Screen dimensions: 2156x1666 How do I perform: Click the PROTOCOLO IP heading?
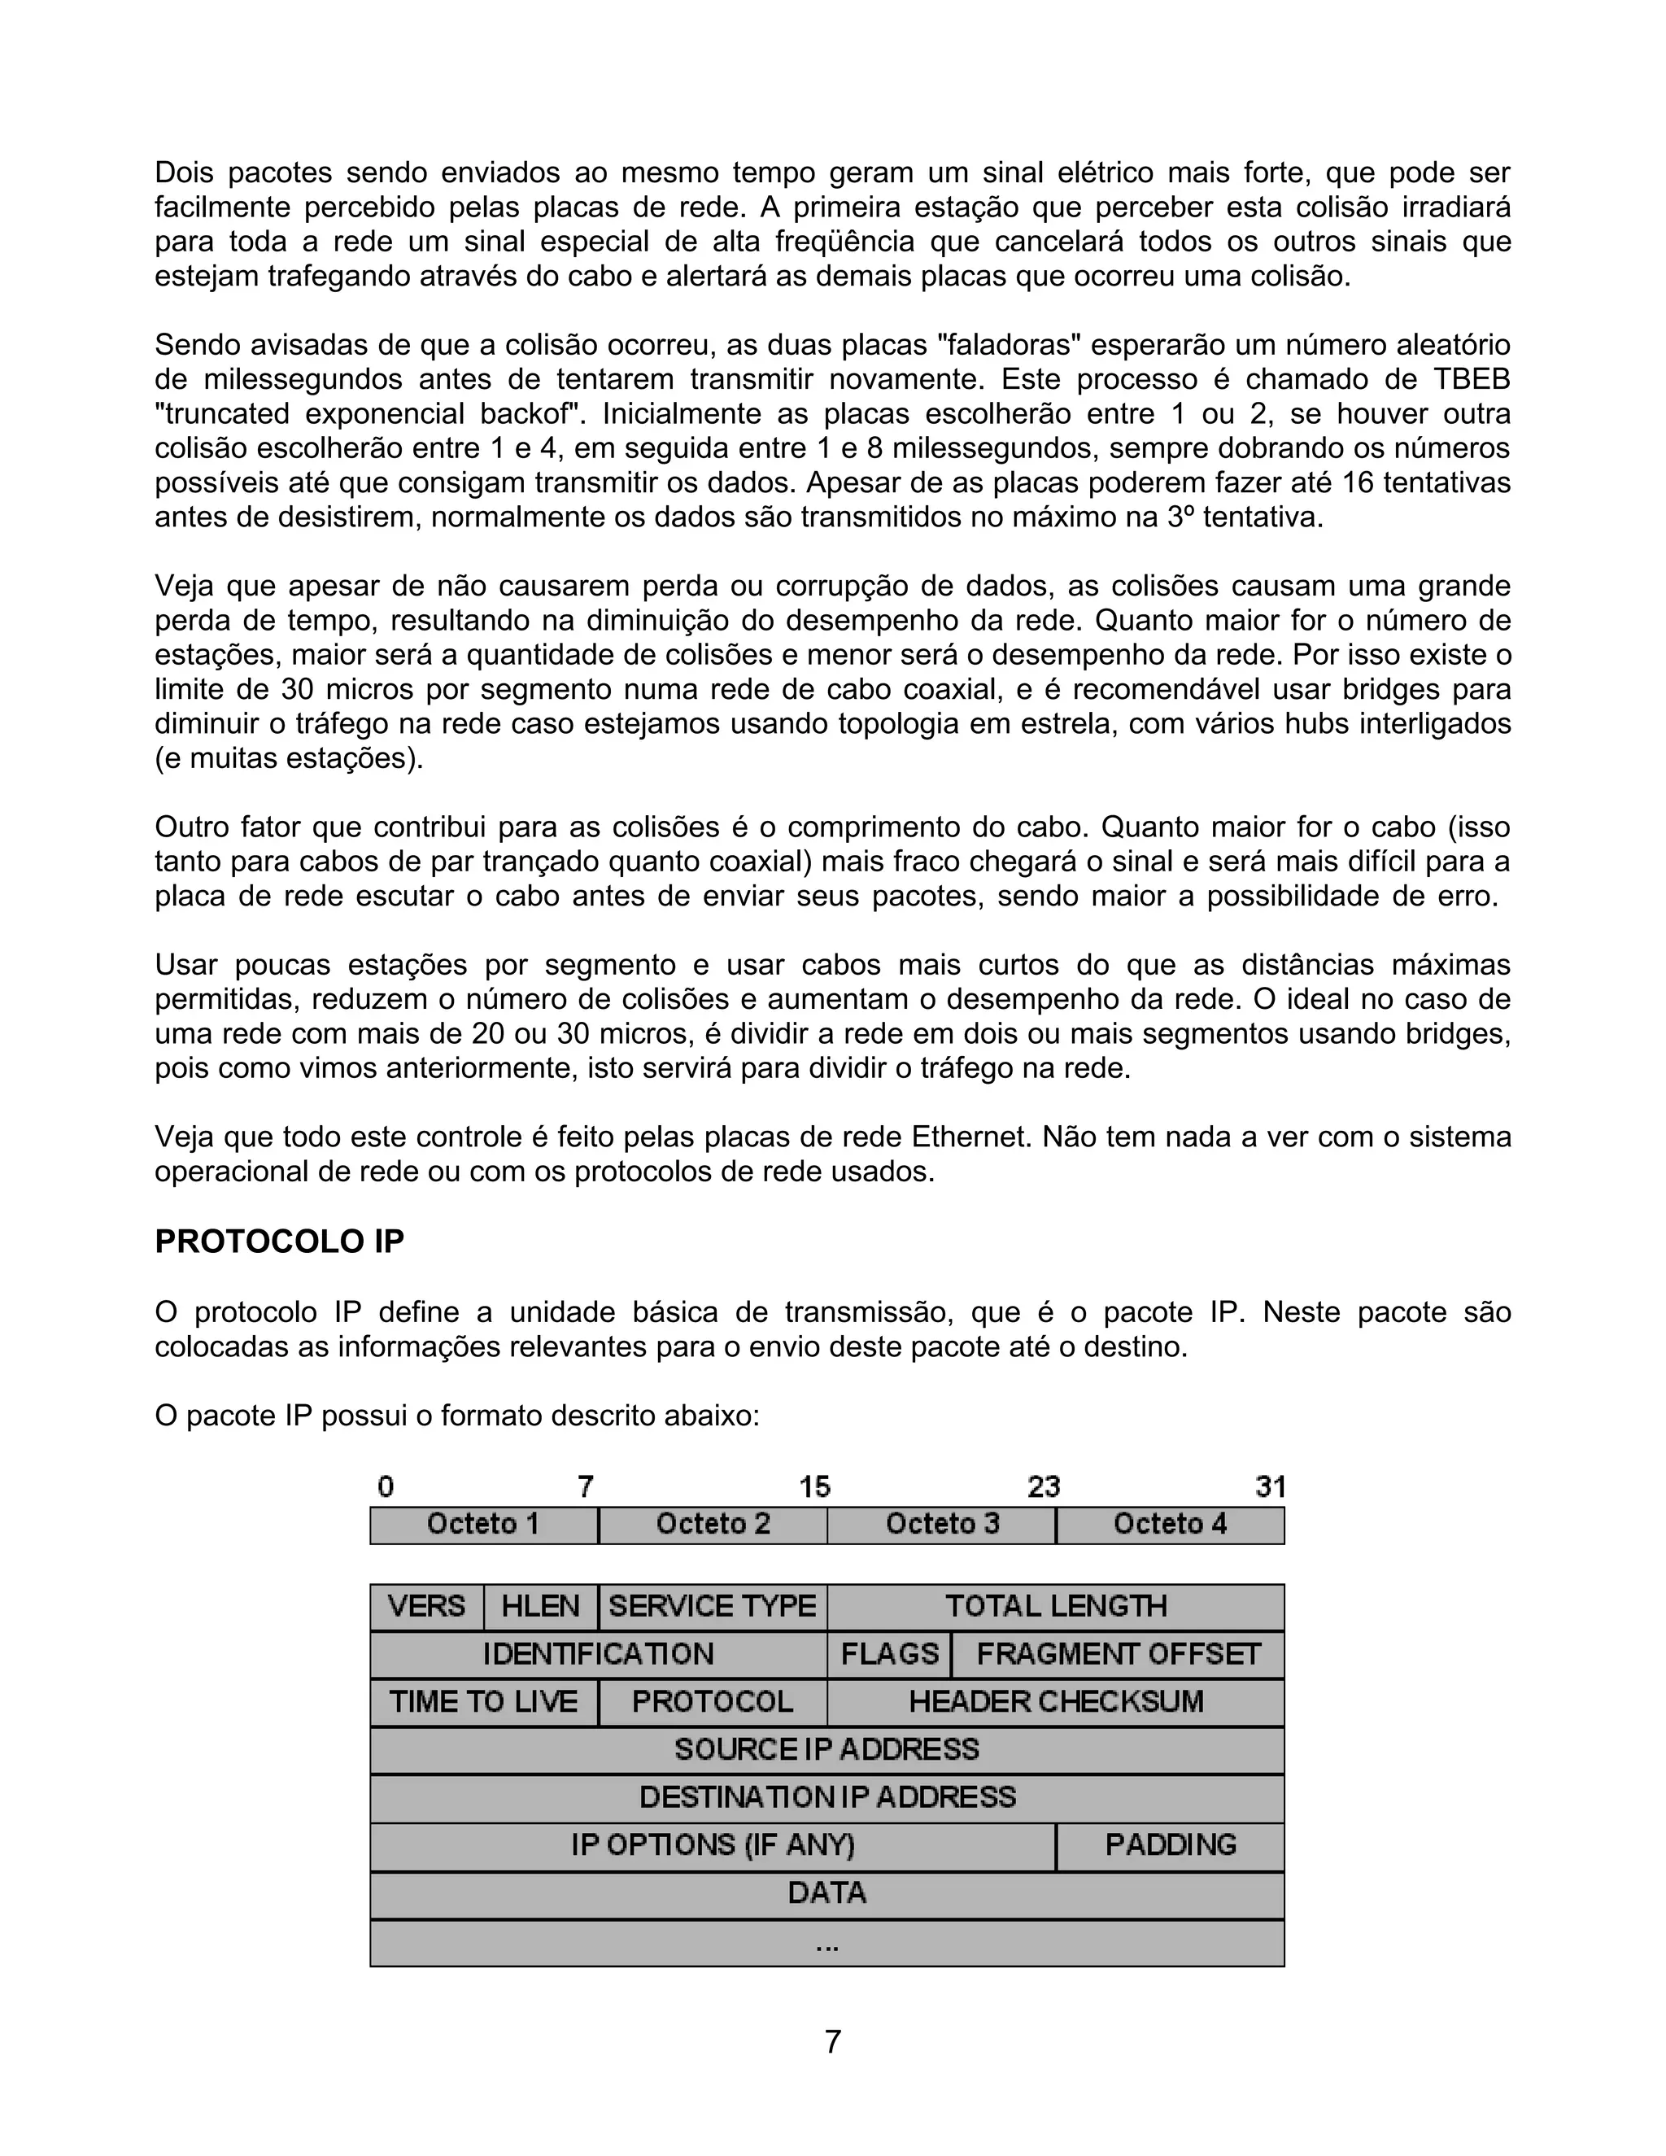click(x=279, y=1242)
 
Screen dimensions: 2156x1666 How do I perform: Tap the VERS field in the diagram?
click(x=426, y=1606)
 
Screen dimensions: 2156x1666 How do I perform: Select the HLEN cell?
click(x=540, y=1606)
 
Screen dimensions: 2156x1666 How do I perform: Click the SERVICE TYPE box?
click(x=712, y=1606)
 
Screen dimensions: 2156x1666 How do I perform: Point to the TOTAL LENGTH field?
click(x=1055, y=1606)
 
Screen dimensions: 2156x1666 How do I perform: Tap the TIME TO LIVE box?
click(x=484, y=1701)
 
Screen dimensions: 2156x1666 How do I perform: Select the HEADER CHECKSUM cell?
click(x=1055, y=1701)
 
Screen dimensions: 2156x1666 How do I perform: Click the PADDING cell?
click(x=1170, y=1844)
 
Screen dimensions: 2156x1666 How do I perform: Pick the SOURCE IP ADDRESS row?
click(x=827, y=1749)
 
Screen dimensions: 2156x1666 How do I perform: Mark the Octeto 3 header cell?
click(x=941, y=1524)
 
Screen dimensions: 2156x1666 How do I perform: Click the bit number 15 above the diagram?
click(x=814, y=1486)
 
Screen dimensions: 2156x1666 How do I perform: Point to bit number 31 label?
click(x=1270, y=1486)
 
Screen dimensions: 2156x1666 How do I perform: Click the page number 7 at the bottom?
click(x=832, y=2040)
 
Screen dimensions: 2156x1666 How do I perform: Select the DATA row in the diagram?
click(x=827, y=1892)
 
